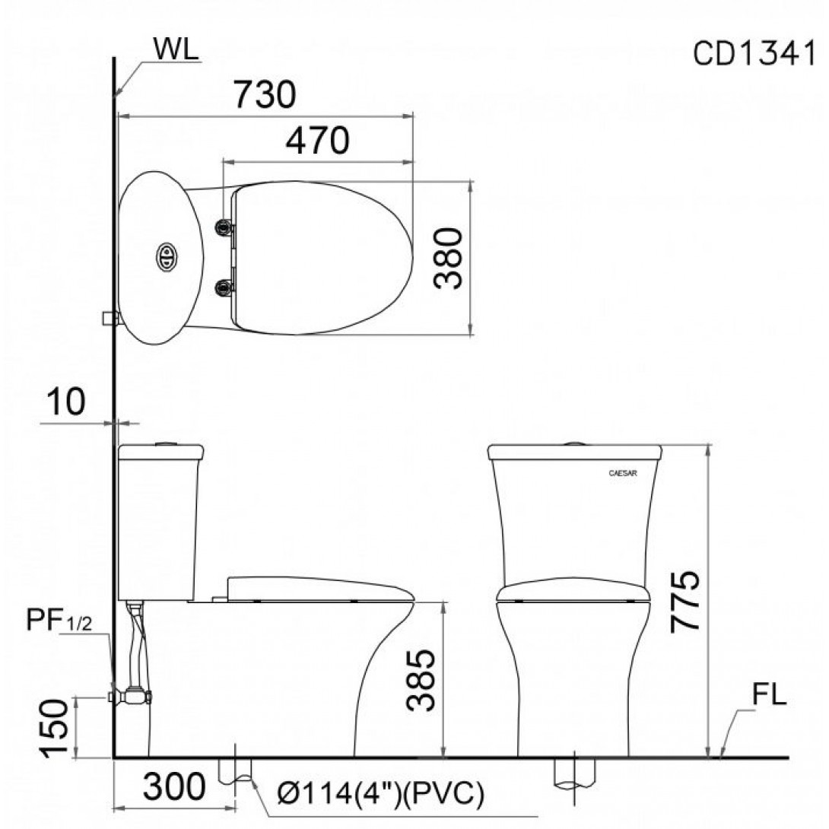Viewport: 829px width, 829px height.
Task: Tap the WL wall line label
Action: point(176,49)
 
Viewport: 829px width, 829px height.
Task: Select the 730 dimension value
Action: point(265,94)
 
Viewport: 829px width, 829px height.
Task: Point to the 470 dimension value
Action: point(317,140)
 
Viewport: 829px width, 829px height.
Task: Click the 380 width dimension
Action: point(447,258)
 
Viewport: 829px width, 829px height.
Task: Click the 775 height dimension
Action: point(685,601)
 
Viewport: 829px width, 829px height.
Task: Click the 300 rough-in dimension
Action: point(174,786)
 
